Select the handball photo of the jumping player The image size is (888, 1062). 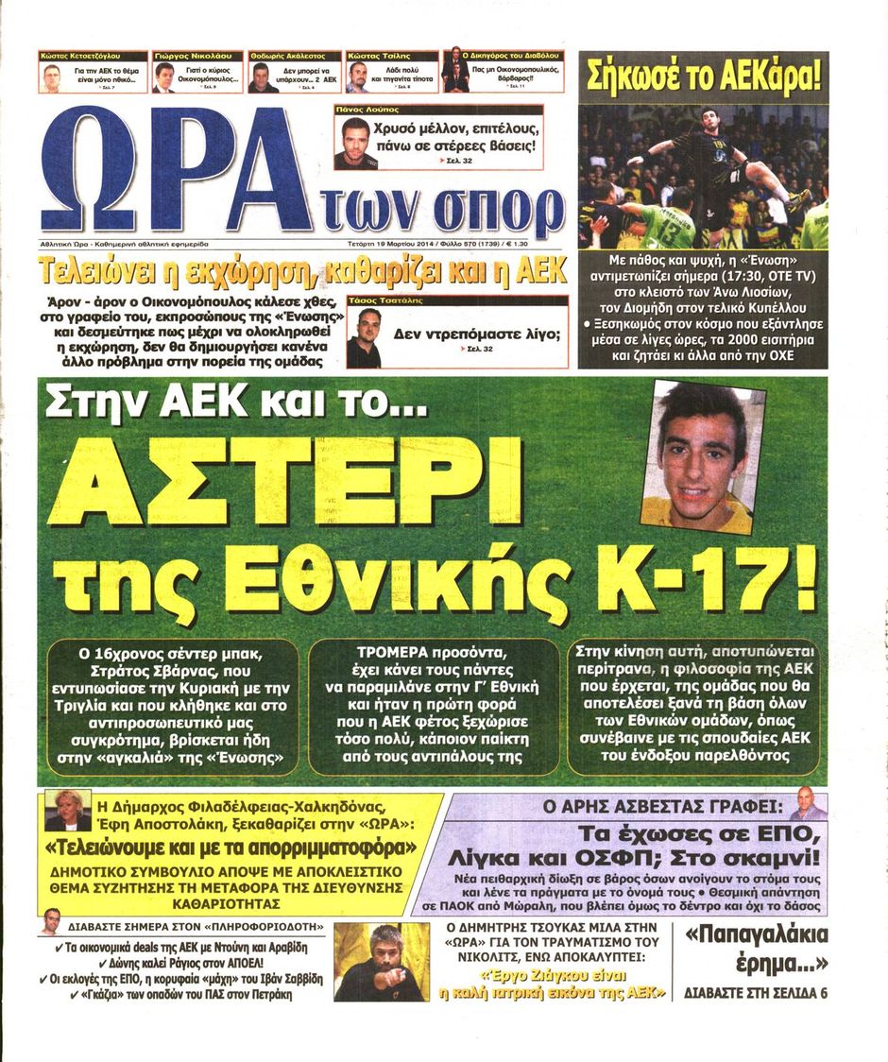(703, 177)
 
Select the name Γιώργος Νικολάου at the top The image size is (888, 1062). (196, 57)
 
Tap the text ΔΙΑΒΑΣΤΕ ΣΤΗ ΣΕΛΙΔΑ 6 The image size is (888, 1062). (756, 993)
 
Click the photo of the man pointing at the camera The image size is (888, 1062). (383, 962)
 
